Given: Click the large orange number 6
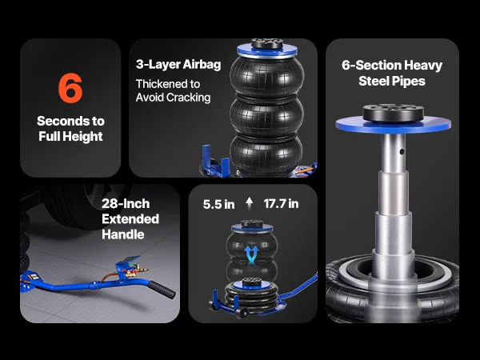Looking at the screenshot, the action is pyautogui.click(x=70, y=88).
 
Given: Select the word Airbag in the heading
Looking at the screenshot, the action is pyautogui.click(x=202, y=65).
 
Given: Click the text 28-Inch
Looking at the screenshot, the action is pyautogui.click(x=126, y=203).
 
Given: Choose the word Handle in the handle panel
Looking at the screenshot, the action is pyautogui.click(x=123, y=234).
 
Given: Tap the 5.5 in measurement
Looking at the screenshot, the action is pyautogui.click(x=219, y=205).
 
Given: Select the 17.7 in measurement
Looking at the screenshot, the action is pyautogui.click(x=281, y=204).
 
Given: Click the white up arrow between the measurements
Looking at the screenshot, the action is pyautogui.click(x=250, y=203).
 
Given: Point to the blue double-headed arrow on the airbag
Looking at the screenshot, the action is pyautogui.click(x=252, y=254).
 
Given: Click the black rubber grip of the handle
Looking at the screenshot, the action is pyautogui.click(x=162, y=290).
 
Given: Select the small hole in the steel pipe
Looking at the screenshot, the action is pyautogui.click(x=402, y=151).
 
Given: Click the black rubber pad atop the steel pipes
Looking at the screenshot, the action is pyautogui.click(x=394, y=112).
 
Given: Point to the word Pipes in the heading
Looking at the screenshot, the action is pyautogui.click(x=410, y=82).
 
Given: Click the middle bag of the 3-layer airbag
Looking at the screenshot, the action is pyautogui.click(x=266, y=118).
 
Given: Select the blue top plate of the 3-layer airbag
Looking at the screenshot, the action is pyautogui.click(x=267, y=51).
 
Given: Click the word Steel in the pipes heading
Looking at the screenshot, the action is pyautogui.click(x=374, y=81).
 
